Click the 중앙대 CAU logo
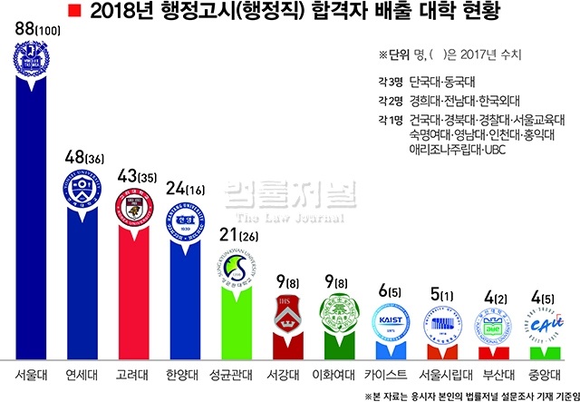click(x=543, y=328)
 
